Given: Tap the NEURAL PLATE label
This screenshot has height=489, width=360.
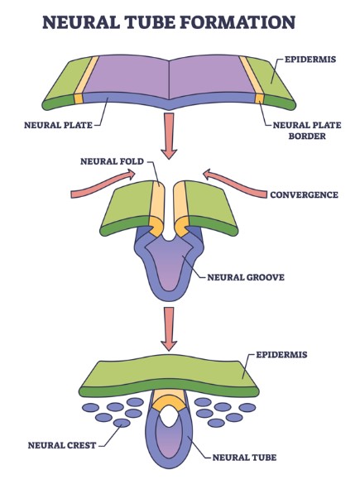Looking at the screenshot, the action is pyautogui.click(x=58, y=125).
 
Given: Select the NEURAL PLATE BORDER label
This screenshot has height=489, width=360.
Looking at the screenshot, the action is pyautogui.click(x=307, y=131).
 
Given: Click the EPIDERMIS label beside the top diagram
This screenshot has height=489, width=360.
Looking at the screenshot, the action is pyautogui.click(x=310, y=60).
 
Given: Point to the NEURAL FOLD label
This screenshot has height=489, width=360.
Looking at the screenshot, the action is pyautogui.click(x=112, y=161).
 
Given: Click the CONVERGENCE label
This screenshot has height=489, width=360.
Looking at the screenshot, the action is pyautogui.click(x=305, y=195).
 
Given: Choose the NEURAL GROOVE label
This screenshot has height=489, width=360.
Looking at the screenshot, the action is pyautogui.click(x=246, y=277).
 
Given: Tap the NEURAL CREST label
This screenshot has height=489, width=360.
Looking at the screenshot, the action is pyautogui.click(x=62, y=445).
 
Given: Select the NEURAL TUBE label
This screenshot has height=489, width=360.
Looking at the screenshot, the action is pyautogui.click(x=244, y=458).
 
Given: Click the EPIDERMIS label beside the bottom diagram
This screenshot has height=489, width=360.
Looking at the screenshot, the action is pyautogui.click(x=281, y=355).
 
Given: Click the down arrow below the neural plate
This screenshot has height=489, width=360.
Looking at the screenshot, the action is pyautogui.click(x=169, y=137).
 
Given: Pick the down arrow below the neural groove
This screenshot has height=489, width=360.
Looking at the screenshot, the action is pyautogui.click(x=169, y=329).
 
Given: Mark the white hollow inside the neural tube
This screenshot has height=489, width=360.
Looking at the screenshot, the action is pyautogui.click(x=169, y=416).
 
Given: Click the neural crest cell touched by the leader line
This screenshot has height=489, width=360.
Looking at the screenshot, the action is pyautogui.click(x=122, y=423).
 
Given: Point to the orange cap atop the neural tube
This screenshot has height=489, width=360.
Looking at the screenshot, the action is pyautogui.click(x=169, y=403).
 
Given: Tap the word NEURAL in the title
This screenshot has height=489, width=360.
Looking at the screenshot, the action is pyautogui.click(x=80, y=22).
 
